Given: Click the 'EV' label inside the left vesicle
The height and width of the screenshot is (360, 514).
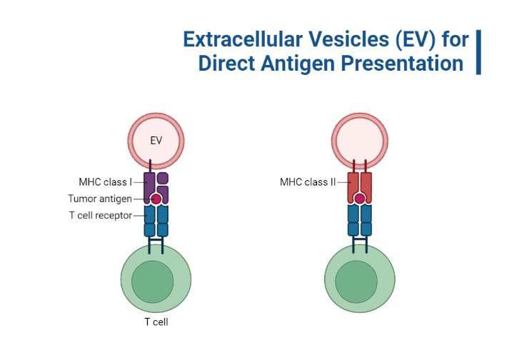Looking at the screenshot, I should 156,141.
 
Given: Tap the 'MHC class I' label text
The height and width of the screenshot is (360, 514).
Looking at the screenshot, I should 105,181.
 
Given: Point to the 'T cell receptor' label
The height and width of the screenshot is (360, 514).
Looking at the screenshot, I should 100,216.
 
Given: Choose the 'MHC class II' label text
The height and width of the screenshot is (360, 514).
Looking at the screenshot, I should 307,182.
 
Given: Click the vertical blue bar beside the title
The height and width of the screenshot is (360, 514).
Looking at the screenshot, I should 478,51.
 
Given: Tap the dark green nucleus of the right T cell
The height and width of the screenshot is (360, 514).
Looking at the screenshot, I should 356,281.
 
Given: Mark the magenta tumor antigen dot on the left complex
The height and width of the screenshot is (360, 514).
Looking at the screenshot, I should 156,199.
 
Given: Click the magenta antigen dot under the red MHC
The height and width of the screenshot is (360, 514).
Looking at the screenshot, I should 360,199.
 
